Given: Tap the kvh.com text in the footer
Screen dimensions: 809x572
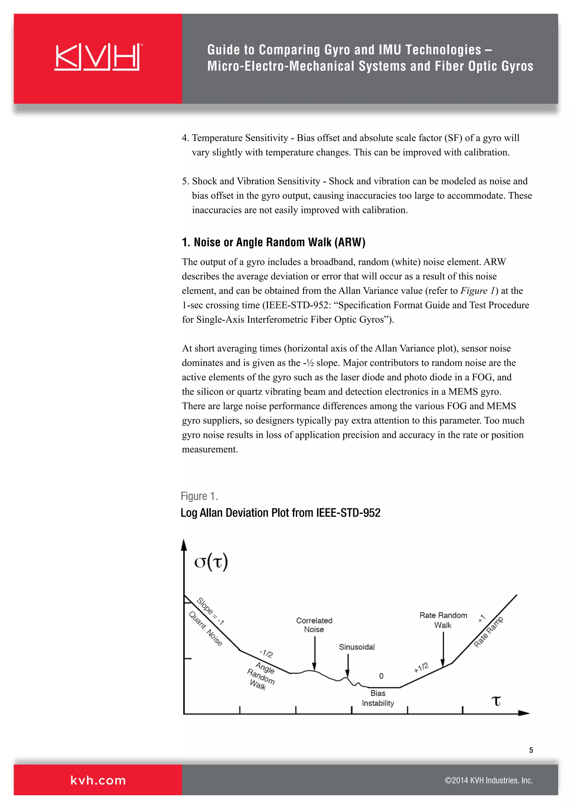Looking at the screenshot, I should tap(98, 781).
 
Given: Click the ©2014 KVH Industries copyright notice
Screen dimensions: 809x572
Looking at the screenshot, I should tap(488, 781).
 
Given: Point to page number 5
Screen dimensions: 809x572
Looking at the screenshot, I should tap(531, 750).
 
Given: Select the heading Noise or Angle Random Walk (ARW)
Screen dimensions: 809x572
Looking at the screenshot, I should tap(273, 242).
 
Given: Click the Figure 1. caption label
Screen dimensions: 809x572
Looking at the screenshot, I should tap(199, 496).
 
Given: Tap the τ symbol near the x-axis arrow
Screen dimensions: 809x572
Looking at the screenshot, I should tap(496, 701).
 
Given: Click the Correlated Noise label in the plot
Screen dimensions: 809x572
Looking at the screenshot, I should tap(314, 625).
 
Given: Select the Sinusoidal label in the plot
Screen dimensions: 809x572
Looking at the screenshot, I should tap(356, 647).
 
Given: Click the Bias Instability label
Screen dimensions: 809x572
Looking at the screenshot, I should tap(378, 698).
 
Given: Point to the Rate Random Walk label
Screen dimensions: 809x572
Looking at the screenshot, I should tap(443, 620).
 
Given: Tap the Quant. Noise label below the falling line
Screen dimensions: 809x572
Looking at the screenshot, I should tap(206, 629).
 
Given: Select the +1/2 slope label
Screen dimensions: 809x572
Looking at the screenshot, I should tap(421, 667).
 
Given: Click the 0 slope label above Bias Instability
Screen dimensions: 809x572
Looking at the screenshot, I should tap(381, 676).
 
